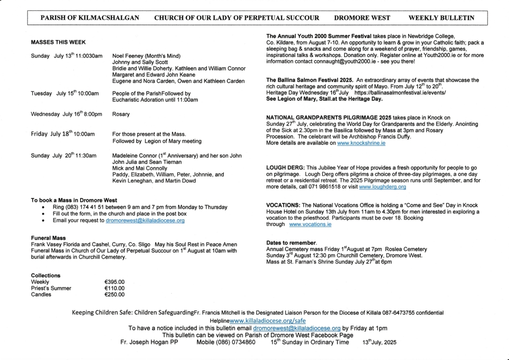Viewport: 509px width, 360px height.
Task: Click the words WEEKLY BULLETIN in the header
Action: point(441,18)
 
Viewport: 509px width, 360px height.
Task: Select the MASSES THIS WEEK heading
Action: point(58,43)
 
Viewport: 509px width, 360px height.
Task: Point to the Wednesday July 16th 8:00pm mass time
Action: point(67,114)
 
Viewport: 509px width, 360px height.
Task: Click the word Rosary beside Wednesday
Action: point(121,114)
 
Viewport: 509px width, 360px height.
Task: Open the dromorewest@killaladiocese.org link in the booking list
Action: point(145,220)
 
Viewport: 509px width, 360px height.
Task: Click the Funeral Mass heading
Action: point(48,238)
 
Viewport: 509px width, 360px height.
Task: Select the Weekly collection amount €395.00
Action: point(114,282)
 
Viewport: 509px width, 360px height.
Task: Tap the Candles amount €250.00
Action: point(114,294)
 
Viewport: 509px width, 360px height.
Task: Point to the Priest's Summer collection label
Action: point(51,288)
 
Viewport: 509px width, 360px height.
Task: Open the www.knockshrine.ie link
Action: point(361,143)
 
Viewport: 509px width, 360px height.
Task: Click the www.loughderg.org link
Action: point(382,187)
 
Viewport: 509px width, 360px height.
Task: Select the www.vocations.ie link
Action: point(310,224)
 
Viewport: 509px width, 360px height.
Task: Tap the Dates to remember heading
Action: point(291,243)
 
